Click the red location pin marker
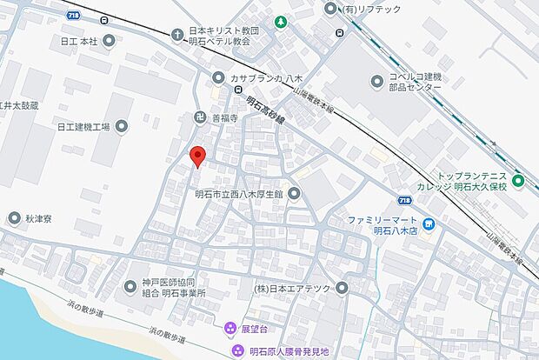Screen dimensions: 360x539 point(197,156)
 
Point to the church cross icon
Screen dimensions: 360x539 point(177,34)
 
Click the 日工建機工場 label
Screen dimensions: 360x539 point(83,128)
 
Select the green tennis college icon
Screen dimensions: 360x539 point(518,181)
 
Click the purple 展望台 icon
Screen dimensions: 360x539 point(230,329)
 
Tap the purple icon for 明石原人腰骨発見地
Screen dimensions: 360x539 point(237,350)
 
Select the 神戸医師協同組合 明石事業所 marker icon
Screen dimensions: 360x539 point(122,288)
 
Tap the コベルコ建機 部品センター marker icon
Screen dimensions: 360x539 point(376,81)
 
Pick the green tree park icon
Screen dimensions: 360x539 point(281,21)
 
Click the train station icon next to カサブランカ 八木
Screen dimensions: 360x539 point(236,88)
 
